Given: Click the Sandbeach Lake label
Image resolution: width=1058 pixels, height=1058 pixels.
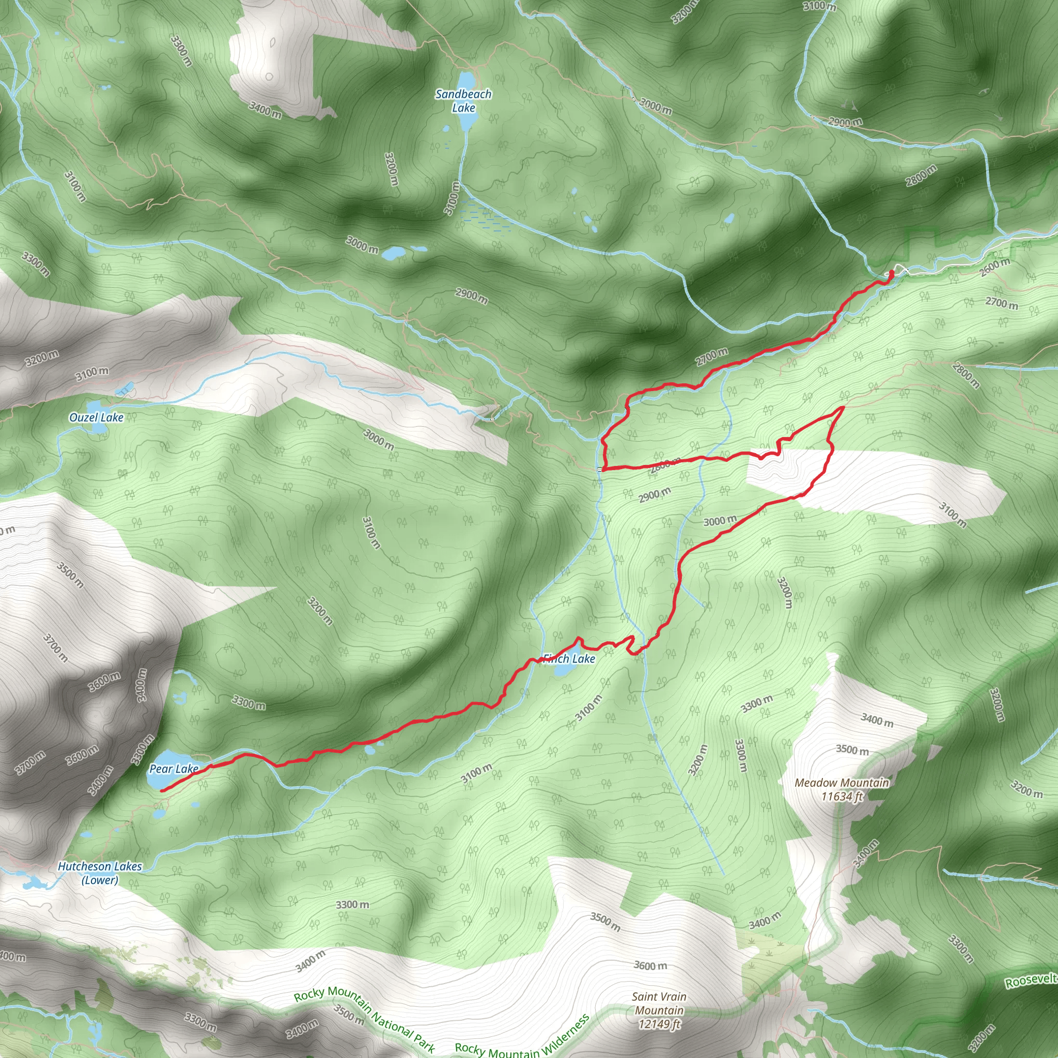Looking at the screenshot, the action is (463, 101).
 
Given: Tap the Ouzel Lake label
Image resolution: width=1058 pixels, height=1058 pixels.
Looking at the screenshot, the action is (97, 417).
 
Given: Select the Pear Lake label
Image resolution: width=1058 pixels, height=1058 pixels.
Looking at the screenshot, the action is (174, 769).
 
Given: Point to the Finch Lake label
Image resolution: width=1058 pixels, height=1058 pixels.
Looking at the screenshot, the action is (569, 659).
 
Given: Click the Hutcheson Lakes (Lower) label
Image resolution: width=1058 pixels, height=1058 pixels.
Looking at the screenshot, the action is (100, 873).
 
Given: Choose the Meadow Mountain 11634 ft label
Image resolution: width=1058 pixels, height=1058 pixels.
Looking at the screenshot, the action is (842, 790).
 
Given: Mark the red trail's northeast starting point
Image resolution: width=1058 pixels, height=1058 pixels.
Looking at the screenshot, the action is (892, 272).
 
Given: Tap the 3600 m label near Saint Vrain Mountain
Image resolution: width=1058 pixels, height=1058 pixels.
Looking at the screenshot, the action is (650, 966).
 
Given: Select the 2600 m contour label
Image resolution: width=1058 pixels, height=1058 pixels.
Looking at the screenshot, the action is (995, 267).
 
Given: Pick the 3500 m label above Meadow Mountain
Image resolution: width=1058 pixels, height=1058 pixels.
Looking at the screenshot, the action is (852, 750).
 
